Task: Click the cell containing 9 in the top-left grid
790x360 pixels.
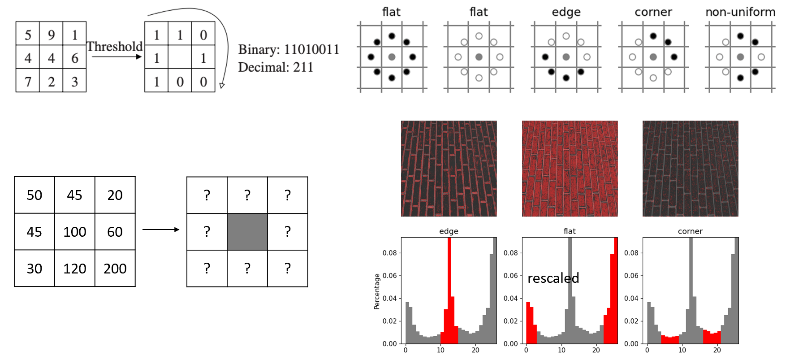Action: coord(51,34)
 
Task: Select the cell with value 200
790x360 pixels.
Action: coord(115,269)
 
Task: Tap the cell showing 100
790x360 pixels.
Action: coord(74,232)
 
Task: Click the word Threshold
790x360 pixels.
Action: coord(114,47)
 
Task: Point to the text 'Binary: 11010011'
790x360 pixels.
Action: coord(289,49)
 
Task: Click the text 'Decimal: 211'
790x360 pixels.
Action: coord(276,67)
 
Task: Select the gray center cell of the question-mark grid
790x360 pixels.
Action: coord(247,232)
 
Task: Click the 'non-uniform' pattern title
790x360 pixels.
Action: coord(740,12)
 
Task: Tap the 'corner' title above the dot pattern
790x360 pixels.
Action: coord(653,12)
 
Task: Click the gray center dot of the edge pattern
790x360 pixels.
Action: coord(566,57)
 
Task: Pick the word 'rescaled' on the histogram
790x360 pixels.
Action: coord(553,278)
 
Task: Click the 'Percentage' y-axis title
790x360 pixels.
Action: coord(376,291)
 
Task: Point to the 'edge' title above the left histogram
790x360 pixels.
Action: coord(449,231)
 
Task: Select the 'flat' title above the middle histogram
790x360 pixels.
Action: coord(570,231)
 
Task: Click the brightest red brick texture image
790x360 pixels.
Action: coord(570,169)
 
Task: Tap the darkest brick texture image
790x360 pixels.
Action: coord(690,169)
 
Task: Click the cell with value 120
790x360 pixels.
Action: coord(74,269)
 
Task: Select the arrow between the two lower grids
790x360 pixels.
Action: coord(161,230)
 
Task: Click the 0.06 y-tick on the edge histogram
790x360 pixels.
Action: coord(389,276)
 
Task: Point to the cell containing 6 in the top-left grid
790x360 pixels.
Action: coord(74,58)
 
